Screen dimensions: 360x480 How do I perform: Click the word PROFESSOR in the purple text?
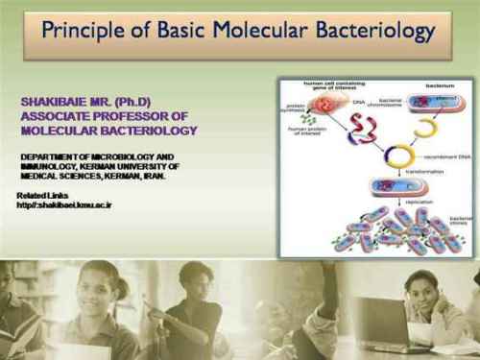(125, 116)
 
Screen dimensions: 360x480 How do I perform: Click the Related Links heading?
(42, 196)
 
